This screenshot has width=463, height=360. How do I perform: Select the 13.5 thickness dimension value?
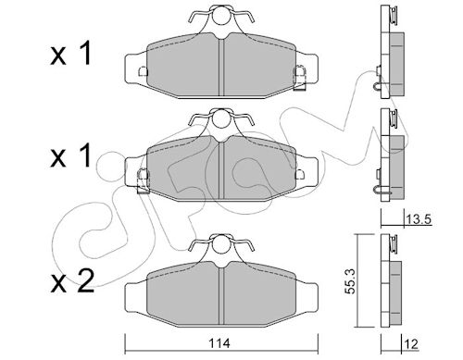[419, 220]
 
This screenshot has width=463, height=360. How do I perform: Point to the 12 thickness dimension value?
[411, 343]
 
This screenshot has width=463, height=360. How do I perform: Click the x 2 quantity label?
[72, 281]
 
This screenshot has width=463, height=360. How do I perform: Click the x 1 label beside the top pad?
[70, 54]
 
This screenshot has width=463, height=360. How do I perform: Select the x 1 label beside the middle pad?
[70, 155]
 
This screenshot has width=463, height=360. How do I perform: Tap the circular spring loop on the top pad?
[221, 15]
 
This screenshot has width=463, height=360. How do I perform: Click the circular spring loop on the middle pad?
[221, 118]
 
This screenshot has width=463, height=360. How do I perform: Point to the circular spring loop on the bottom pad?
[221, 242]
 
